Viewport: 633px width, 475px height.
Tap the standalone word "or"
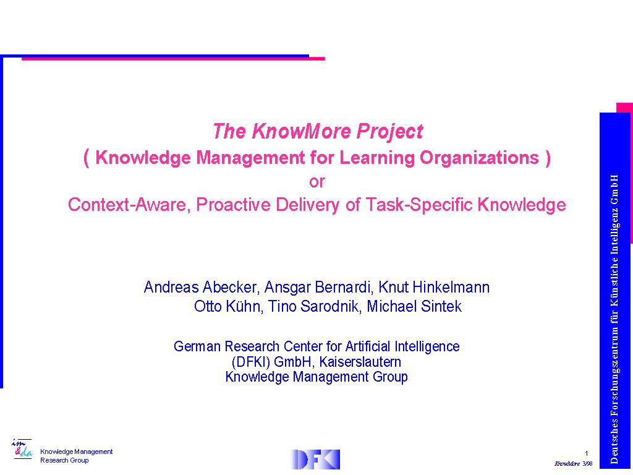[317, 181]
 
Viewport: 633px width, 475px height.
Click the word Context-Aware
[129, 204]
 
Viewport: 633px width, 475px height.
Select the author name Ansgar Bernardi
[318, 287]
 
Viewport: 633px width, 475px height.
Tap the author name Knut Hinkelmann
[434, 287]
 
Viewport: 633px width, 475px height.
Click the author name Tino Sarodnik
[313, 306]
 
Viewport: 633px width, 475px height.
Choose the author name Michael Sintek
[414, 306]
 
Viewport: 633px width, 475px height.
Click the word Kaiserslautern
[360, 362]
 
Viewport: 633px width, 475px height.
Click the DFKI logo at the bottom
[315, 460]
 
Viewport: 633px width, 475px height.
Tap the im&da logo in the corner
[22, 449]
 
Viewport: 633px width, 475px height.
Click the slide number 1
[587, 453]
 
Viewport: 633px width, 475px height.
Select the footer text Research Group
[64, 460]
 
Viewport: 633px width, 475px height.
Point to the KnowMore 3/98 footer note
[574, 464]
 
